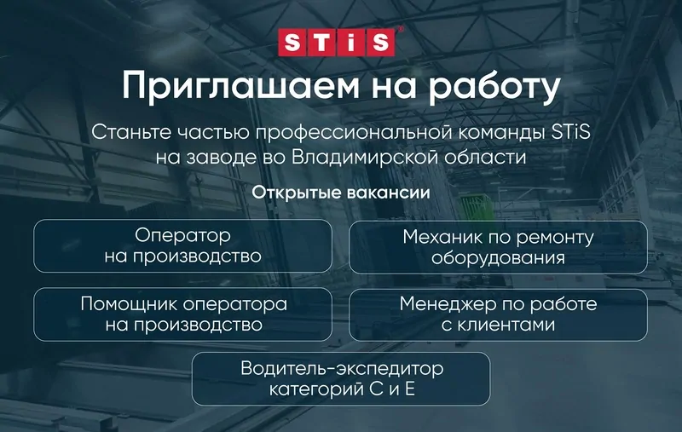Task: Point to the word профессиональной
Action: click(361, 132)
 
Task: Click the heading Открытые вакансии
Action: click(340, 193)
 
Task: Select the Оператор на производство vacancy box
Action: click(182, 245)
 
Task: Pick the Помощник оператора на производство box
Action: click(182, 314)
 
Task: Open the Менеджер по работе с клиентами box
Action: click(498, 314)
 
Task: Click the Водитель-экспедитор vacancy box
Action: click(341, 379)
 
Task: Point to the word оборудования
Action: click(498, 257)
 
